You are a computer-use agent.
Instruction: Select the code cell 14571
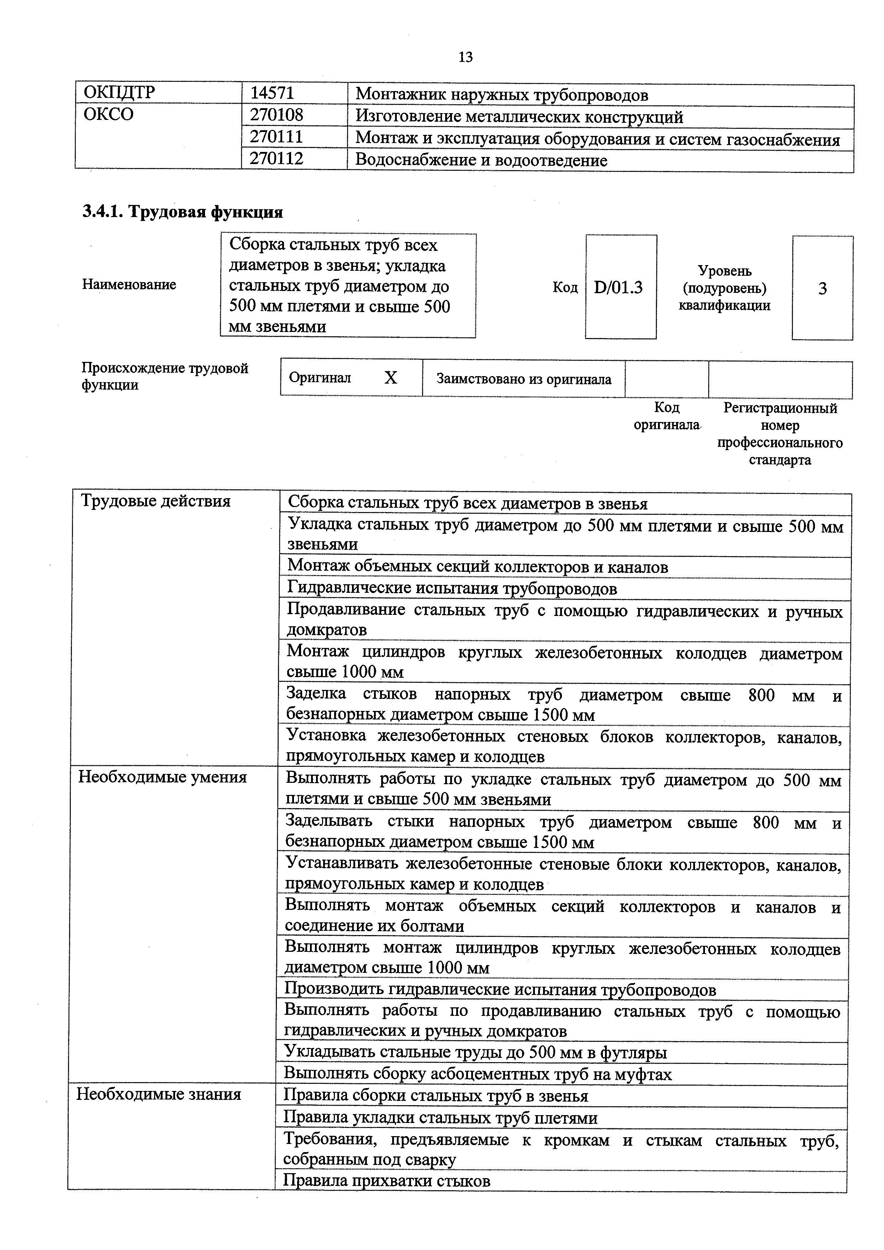(272, 94)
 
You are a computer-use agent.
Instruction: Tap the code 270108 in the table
(277, 115)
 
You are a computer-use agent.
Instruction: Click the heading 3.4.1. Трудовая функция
(183, 212)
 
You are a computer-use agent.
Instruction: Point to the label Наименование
(129, 285)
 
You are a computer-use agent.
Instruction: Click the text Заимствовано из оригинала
(524, 379)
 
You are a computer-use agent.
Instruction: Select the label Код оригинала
(667, 416)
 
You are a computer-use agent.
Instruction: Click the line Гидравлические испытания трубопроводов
(452, 589)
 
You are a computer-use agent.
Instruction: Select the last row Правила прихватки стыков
(387, 1181)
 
